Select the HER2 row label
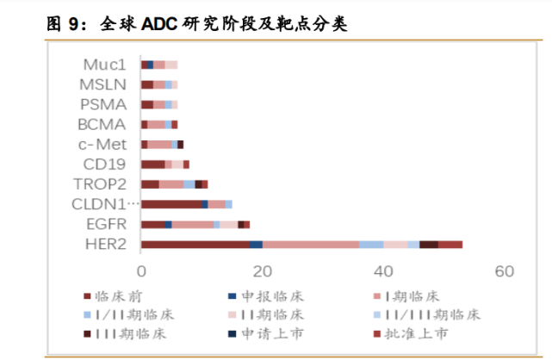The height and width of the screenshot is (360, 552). tap(107, 245)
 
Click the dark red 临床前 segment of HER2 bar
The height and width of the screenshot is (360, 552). tap(195, 245)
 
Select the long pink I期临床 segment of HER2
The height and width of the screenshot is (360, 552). tap(311, 245)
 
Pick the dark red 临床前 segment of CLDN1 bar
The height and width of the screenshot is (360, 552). tap(171, 204)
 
